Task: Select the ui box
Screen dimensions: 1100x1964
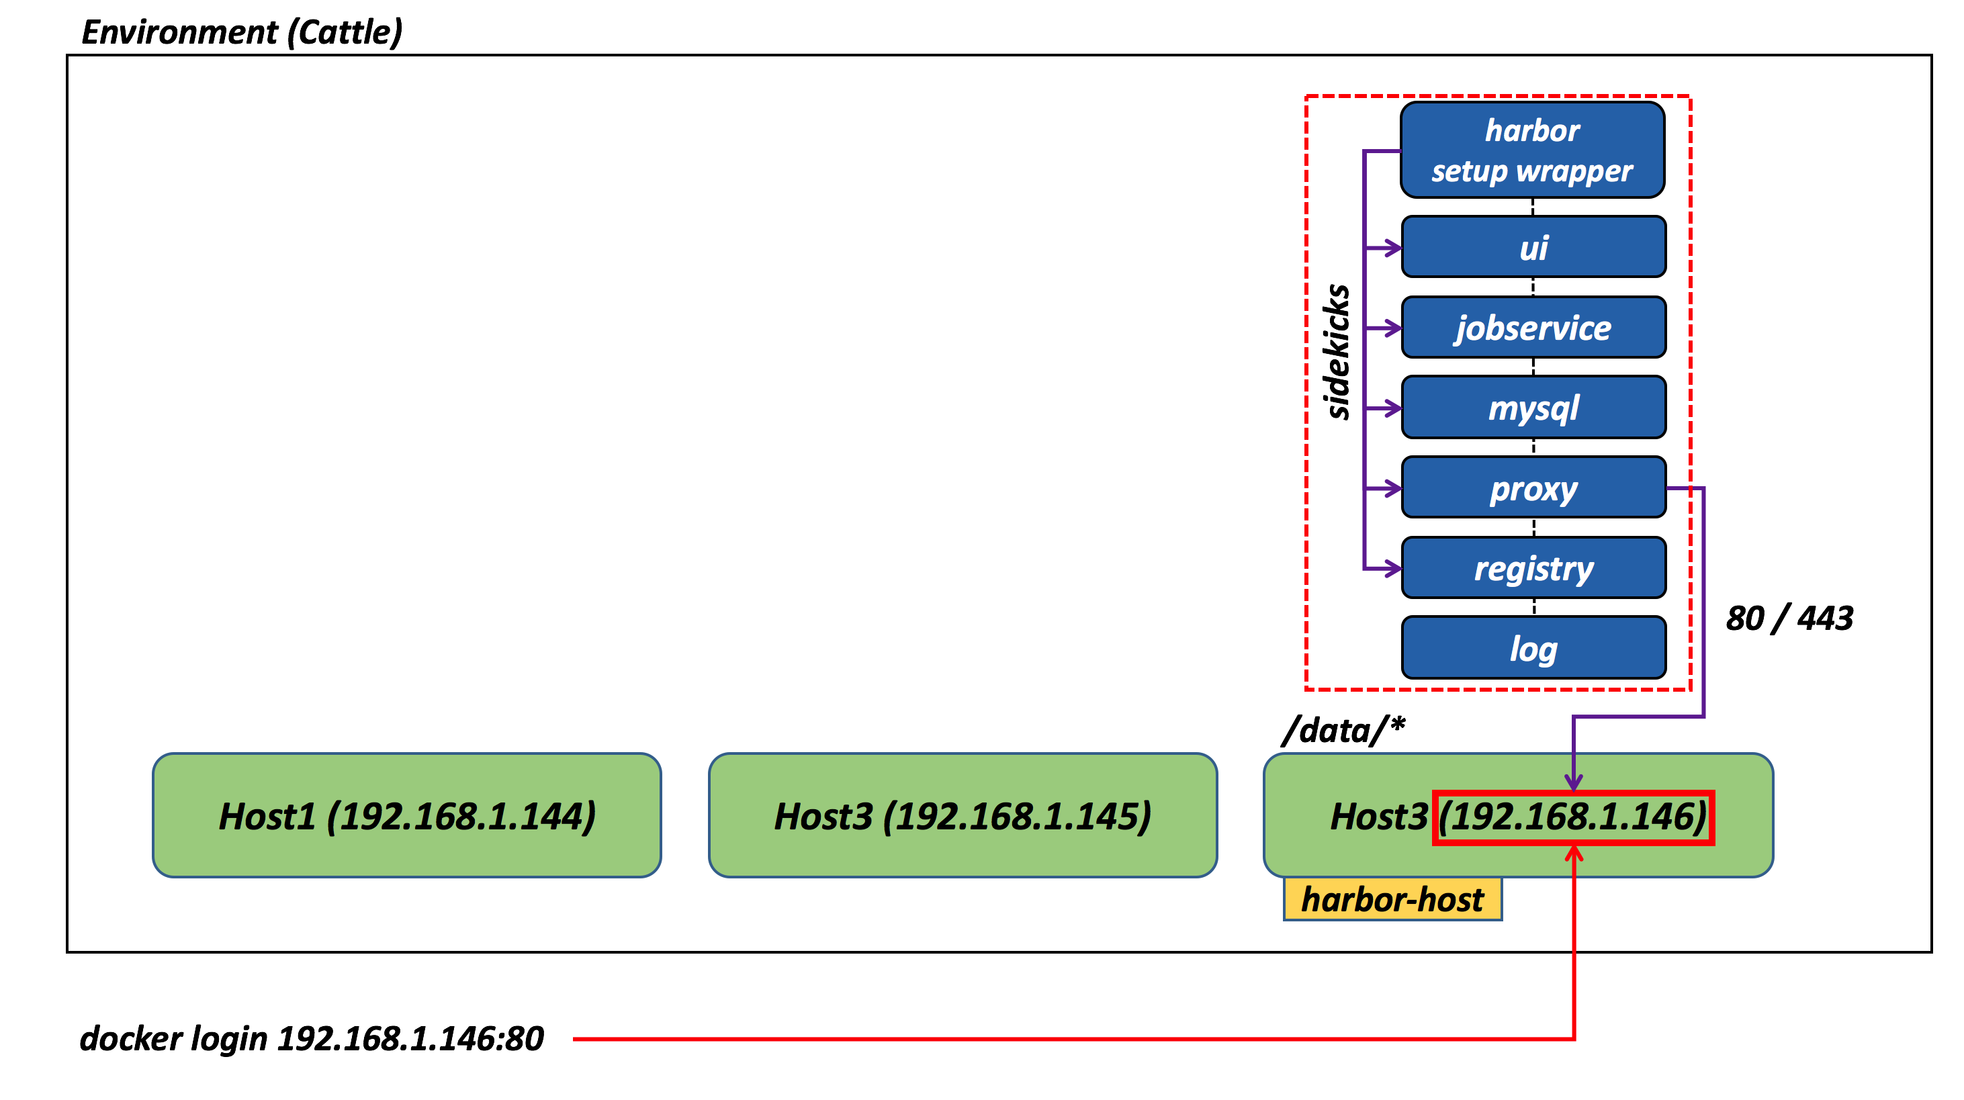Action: (x=1533, y=247)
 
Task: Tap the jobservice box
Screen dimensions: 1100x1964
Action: (x=1533, y=328)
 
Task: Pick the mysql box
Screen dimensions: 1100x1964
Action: (x=1533, y=408)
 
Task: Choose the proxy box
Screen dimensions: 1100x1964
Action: (x=1533, y=488)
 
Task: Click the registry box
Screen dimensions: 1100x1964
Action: (x=1533, y=568)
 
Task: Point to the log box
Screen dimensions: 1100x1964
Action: (x=1533, y=648)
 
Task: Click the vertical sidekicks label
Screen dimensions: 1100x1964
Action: (x=1338, y=351)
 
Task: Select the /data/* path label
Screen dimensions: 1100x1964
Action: (x=1343, y=730)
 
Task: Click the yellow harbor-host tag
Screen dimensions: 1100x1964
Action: (x=1392, y=899)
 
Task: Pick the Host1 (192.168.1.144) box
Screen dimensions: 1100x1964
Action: (x=406, y=816)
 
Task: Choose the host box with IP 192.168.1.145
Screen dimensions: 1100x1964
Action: (x=962, y=816)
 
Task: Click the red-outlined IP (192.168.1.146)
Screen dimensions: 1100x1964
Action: (x=1573, y=817)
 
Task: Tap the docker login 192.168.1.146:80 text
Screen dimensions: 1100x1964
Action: (x=312, y=1038)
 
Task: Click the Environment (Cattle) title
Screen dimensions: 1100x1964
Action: (x=242, y=32)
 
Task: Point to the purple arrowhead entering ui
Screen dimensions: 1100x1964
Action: (x=1393, y=248)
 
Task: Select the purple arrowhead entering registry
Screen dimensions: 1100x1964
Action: (x=1393, y=568)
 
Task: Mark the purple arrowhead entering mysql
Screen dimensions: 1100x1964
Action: (x=1393, y=408)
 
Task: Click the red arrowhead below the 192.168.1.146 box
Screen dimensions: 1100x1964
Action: (x=1574, y=854)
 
